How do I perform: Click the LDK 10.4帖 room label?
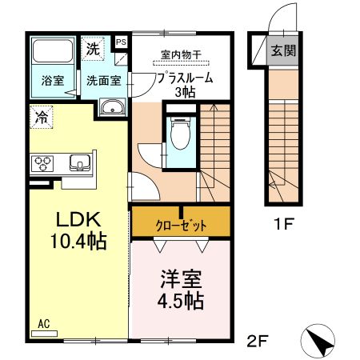pos(70,229)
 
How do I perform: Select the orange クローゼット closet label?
pos(181,226)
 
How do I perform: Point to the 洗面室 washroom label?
pos(103,80)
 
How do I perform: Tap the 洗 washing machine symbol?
pos(94,48)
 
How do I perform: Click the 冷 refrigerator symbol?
pos(41,117)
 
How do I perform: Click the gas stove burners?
pos(42,164)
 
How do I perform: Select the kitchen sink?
pos(80,163)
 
